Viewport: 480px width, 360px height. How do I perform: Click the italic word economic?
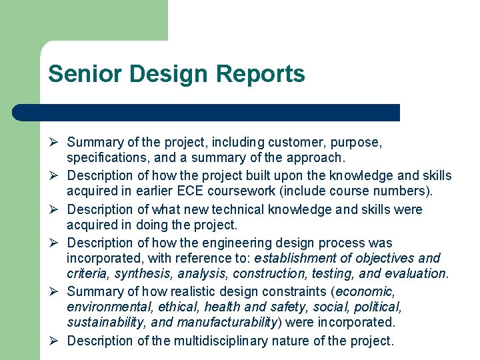[367, 291]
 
